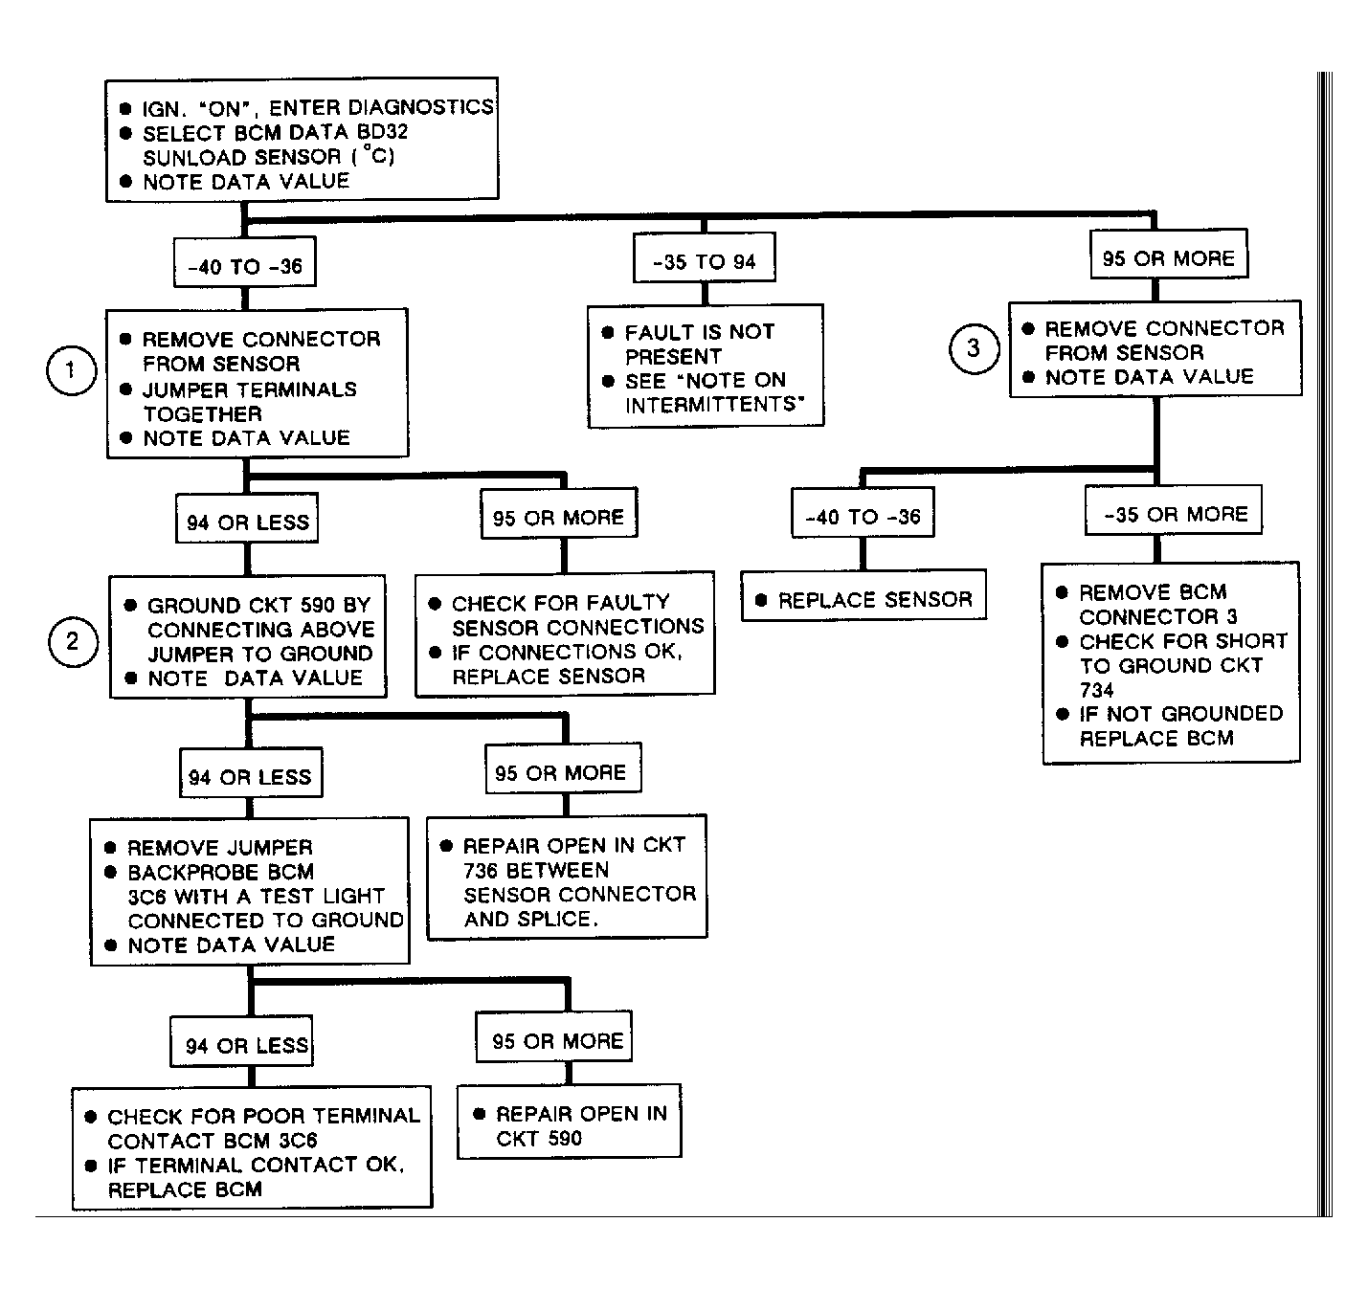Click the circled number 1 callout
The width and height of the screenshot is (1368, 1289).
click(71, 370)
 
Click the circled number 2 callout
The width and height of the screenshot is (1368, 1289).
click(73, 642)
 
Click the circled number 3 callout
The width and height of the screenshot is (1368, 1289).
click(974, 348)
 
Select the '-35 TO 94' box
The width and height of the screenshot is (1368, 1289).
click(704, 257)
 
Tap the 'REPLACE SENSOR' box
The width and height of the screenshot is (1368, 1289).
click(863, 595)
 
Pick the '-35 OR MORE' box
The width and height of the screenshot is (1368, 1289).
click(1174, 510)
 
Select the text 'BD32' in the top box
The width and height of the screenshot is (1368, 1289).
click(382, 131)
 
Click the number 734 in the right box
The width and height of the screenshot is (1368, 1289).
click(1097, 690)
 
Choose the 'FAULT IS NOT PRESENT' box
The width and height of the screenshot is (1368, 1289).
click(706, 367)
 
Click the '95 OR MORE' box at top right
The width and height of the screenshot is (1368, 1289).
click(1169, 255)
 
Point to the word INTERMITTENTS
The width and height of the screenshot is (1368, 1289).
click(715, 404)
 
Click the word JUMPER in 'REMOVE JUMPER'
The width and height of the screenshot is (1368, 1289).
click(270, 848)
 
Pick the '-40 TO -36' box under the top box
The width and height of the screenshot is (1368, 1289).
click(245, 261)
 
